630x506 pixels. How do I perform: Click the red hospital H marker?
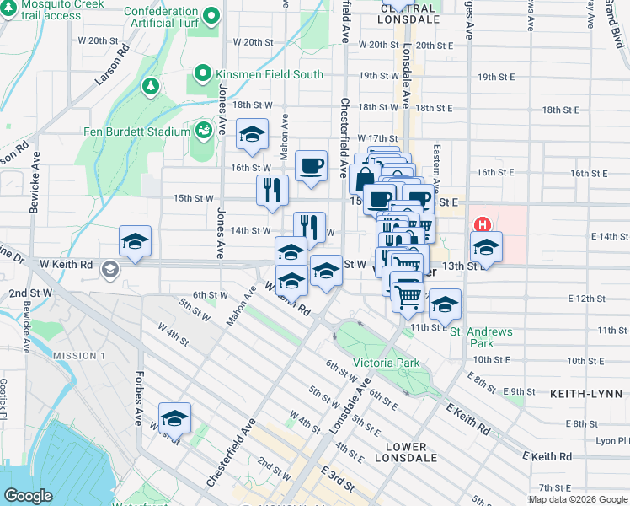click(x=483, y=225)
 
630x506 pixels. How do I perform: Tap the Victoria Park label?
click(x=386, y=363)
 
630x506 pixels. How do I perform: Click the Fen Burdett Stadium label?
click(x=136, y=132)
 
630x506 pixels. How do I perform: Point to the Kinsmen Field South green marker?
click(x=202, y=74)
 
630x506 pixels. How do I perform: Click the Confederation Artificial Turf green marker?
click(x=211, y=16)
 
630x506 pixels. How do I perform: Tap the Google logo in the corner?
click(x=29, y=496)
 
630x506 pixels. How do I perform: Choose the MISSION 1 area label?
click(x=79, y=356)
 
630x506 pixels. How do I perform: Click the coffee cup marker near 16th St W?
click(x=311, y=165)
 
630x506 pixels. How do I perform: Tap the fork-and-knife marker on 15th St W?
click(x=272, y=190)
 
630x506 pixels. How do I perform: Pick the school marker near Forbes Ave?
click(x=174, y=418)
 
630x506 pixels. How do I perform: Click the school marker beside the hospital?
click(x=486, y=247)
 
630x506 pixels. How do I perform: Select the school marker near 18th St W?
click(x=252, y=135)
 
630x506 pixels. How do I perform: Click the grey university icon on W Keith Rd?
click(x=109, y=270)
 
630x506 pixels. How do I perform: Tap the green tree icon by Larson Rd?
click(x=151, y=85)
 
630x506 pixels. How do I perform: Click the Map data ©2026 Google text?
click(x=577, y=499)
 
